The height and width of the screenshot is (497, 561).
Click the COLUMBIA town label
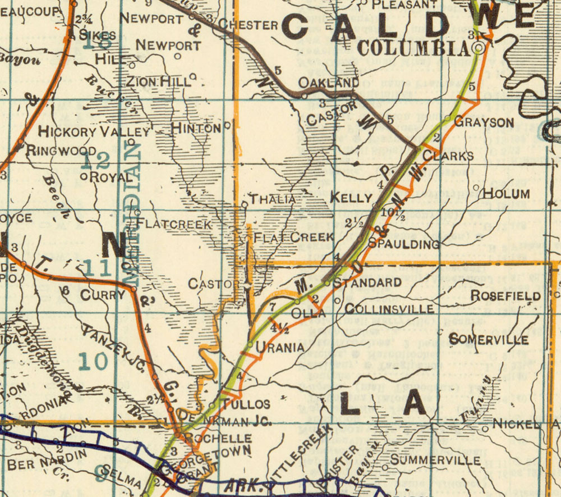pos(413,49)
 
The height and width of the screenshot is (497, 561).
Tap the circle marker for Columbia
pos(479,48)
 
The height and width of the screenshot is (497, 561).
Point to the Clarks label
pos(448,156)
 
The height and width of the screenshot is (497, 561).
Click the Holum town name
pos(506,194)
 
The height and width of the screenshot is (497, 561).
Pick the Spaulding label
pos(403,244)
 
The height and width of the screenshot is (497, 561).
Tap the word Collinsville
pos(389,309)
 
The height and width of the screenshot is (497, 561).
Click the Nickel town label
pos(517,426)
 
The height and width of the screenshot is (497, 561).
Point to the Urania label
pos(280,348)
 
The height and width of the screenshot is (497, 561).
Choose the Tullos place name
pos(246,404)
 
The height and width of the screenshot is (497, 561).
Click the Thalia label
pos(272,199)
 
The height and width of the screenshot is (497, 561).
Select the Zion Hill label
pos(159,81)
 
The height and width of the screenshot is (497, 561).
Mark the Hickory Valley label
pos(95,132)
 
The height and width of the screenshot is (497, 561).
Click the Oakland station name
pos(328,83)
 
